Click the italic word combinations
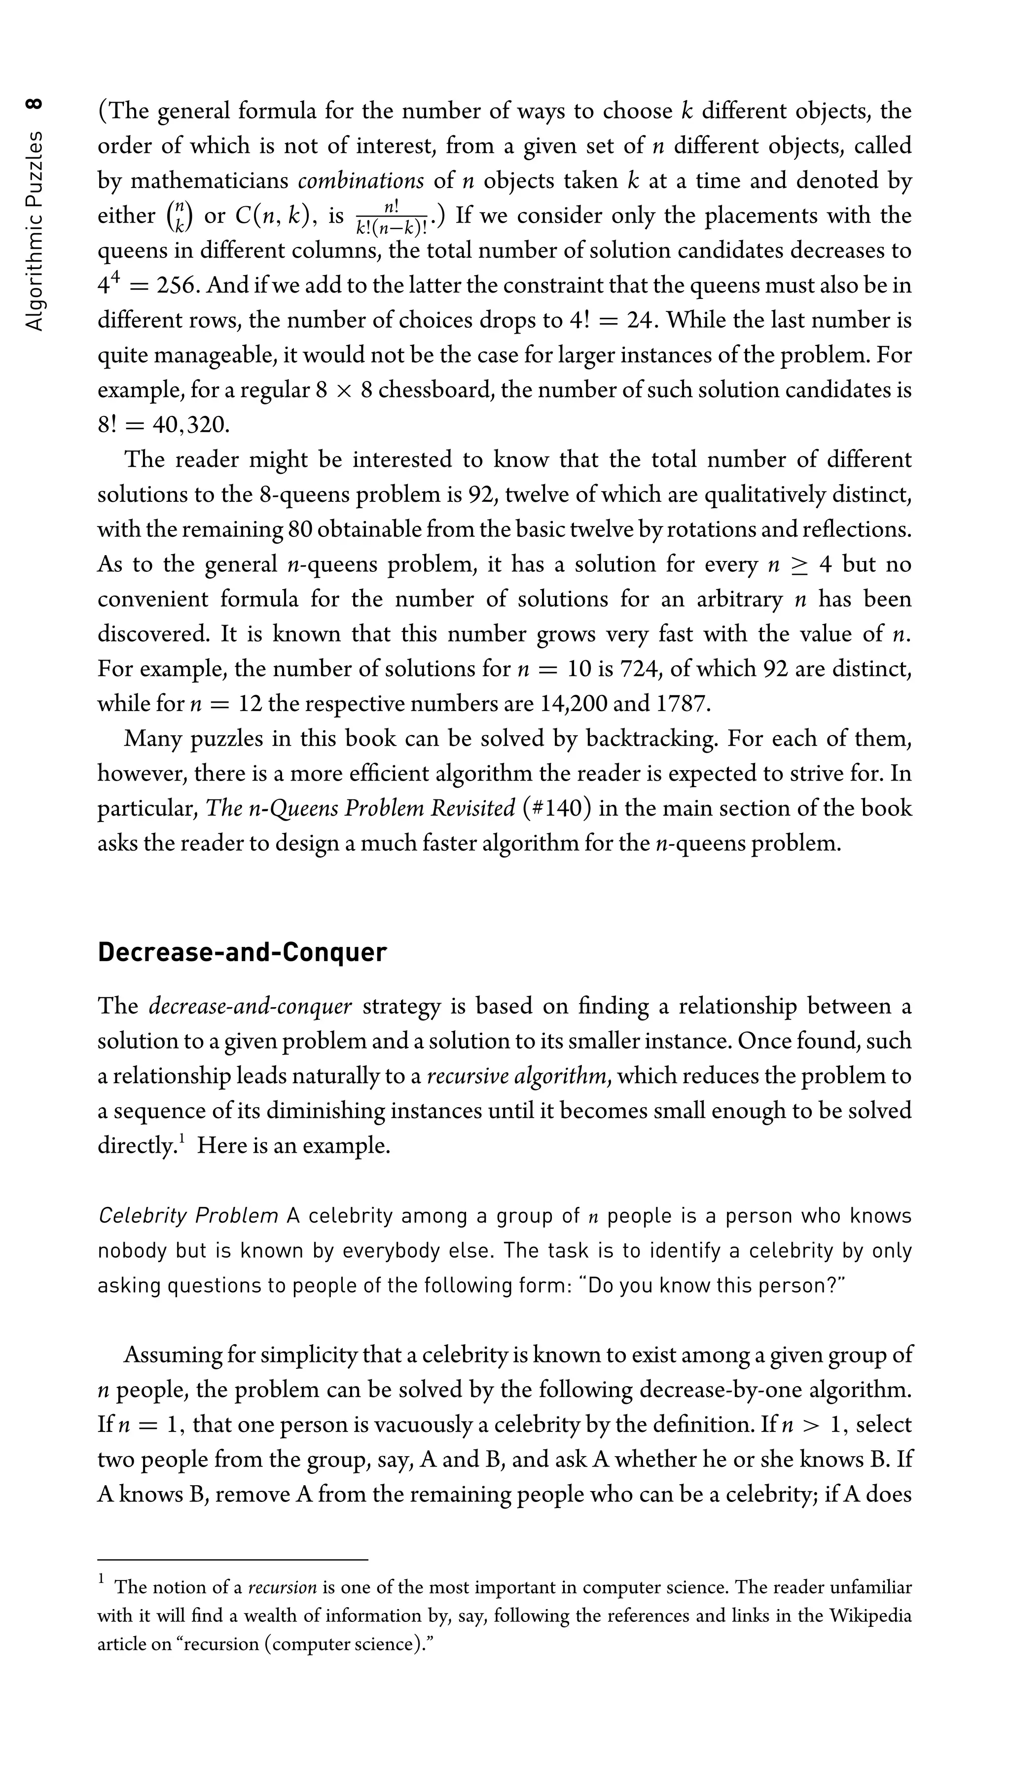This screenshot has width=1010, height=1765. pos(361,181)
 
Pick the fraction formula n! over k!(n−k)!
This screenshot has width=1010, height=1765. pos(391,217)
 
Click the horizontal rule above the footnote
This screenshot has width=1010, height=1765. pos(232,1560)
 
